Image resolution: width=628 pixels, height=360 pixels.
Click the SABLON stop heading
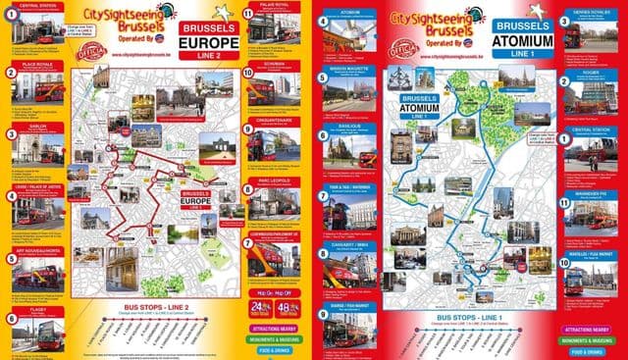[x=29, y=127]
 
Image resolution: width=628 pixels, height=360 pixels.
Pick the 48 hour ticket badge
[x=288, y=306]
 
